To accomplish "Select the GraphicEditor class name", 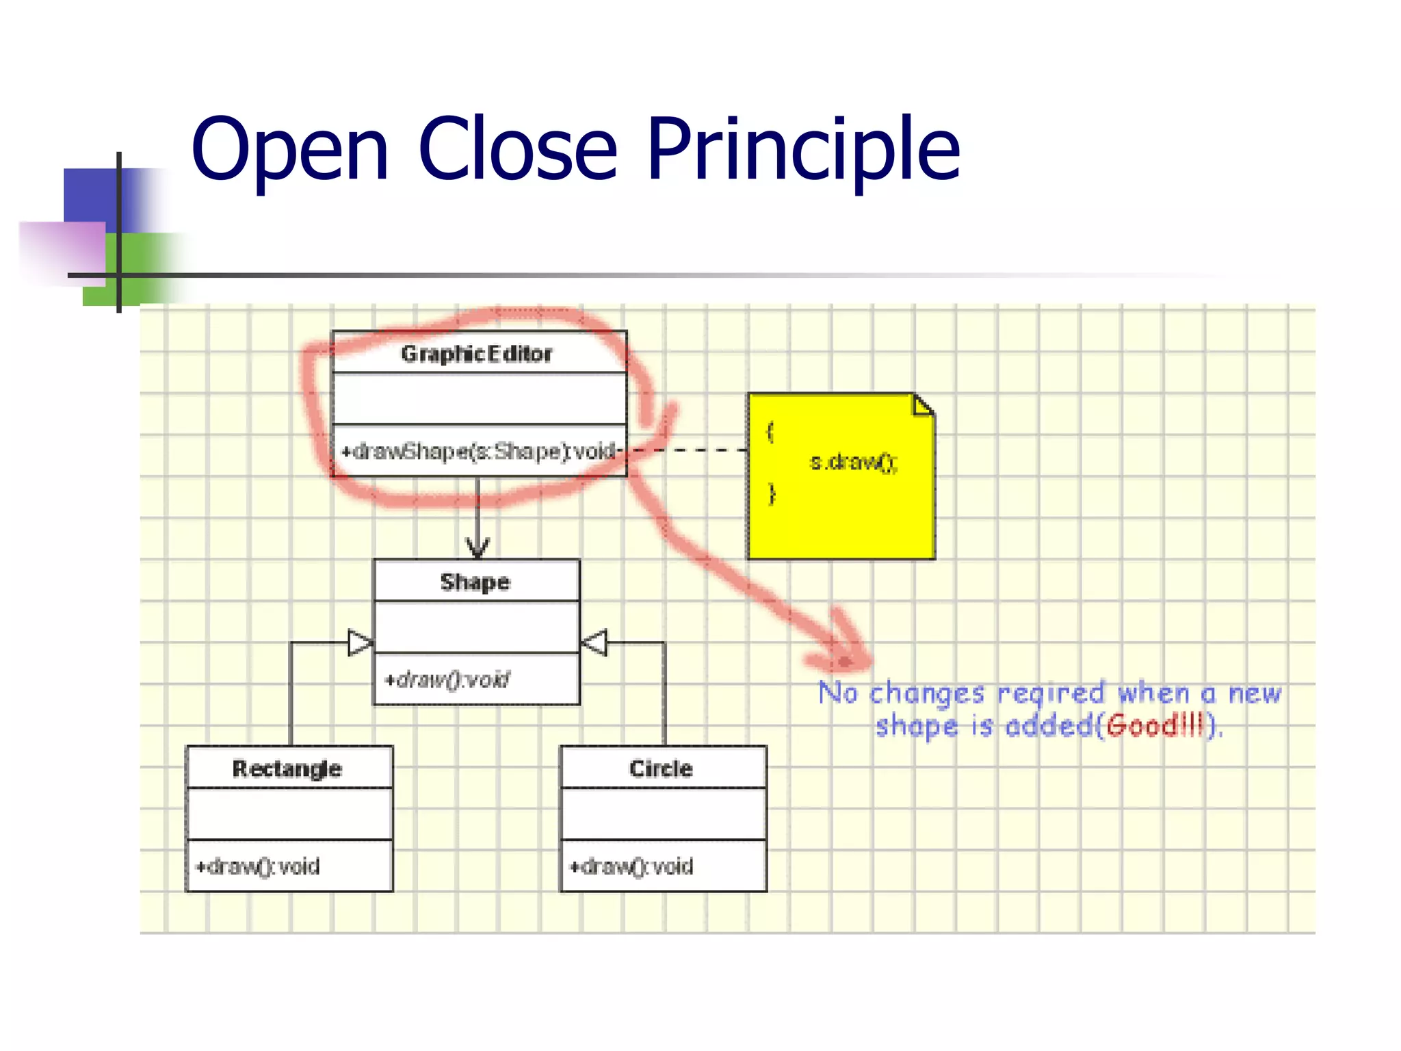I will (477, 354).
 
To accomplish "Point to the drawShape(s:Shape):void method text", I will (479, 452).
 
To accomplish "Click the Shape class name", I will (475, 582).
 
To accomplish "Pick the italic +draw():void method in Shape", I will (447, 679).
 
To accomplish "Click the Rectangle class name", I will (287, 768).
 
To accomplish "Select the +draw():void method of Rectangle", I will (258, 867).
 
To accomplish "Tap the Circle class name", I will (661, 768).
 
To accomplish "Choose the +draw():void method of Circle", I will (632, 867).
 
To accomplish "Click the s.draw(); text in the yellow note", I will (853, 463).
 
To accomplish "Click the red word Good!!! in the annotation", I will (1154, 725).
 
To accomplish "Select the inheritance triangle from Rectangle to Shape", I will (361, 643).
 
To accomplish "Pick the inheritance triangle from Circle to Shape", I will (594, 643).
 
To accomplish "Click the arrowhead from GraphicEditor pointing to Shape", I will (477, 547).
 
